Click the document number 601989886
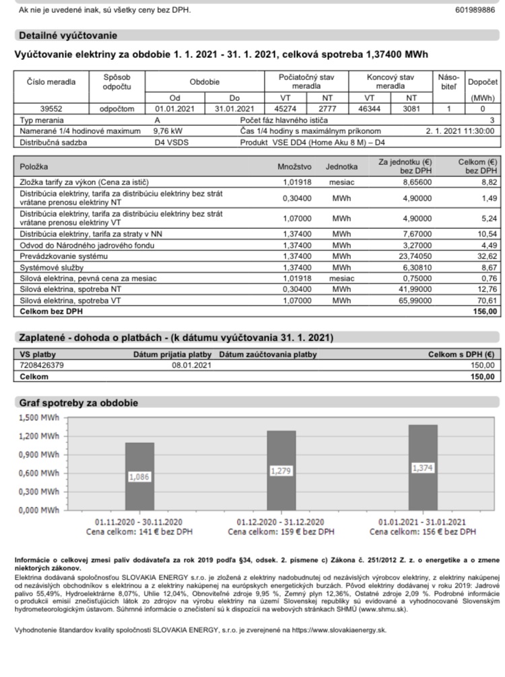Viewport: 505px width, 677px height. (475, 10)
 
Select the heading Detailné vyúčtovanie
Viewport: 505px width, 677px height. (67, 36)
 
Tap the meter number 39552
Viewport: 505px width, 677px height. (51, 108)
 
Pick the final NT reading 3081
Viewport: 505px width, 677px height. (412, 108)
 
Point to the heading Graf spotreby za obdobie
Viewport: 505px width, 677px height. (78, 402)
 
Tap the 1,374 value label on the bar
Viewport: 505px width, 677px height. (422, 467)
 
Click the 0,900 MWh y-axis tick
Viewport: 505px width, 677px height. (37, 454)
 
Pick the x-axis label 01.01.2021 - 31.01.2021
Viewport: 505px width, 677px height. (422, 522)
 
